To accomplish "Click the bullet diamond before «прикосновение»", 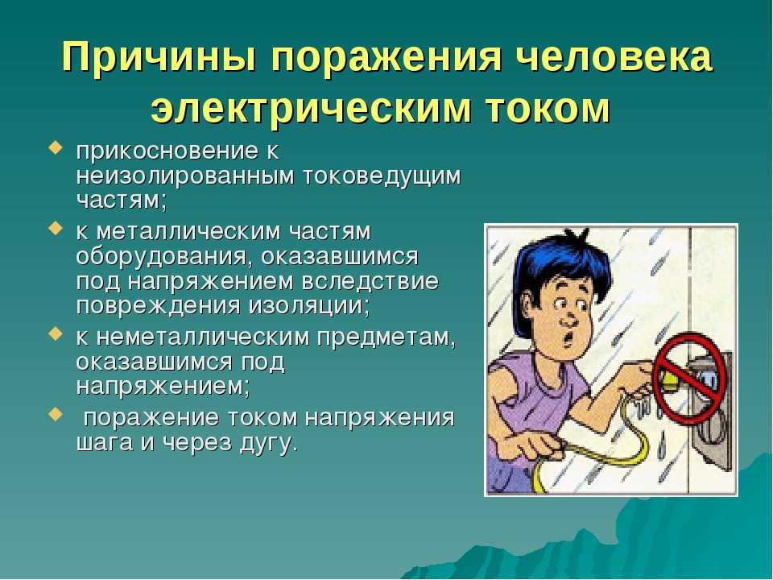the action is click(x=56, y=148).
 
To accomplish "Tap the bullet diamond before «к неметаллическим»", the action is click(x=56, y=333).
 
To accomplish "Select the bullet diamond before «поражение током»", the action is click(x=56, y=414).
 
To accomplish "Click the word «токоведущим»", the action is click(x=382, y=177).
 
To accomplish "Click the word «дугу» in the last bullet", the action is click(x=269, y=443).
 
